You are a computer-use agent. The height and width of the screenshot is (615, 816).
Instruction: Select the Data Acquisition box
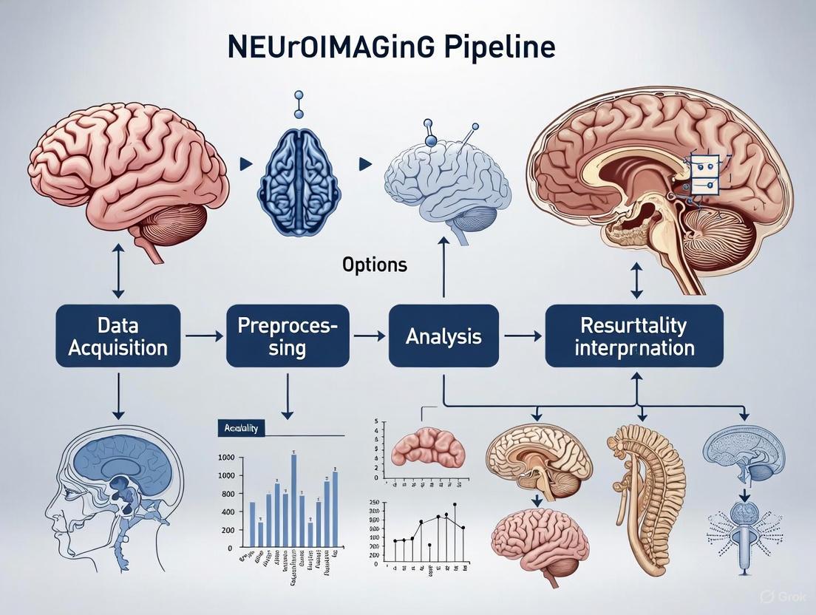coord(118,336)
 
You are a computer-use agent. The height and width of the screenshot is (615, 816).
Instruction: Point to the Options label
coord(375,265)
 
